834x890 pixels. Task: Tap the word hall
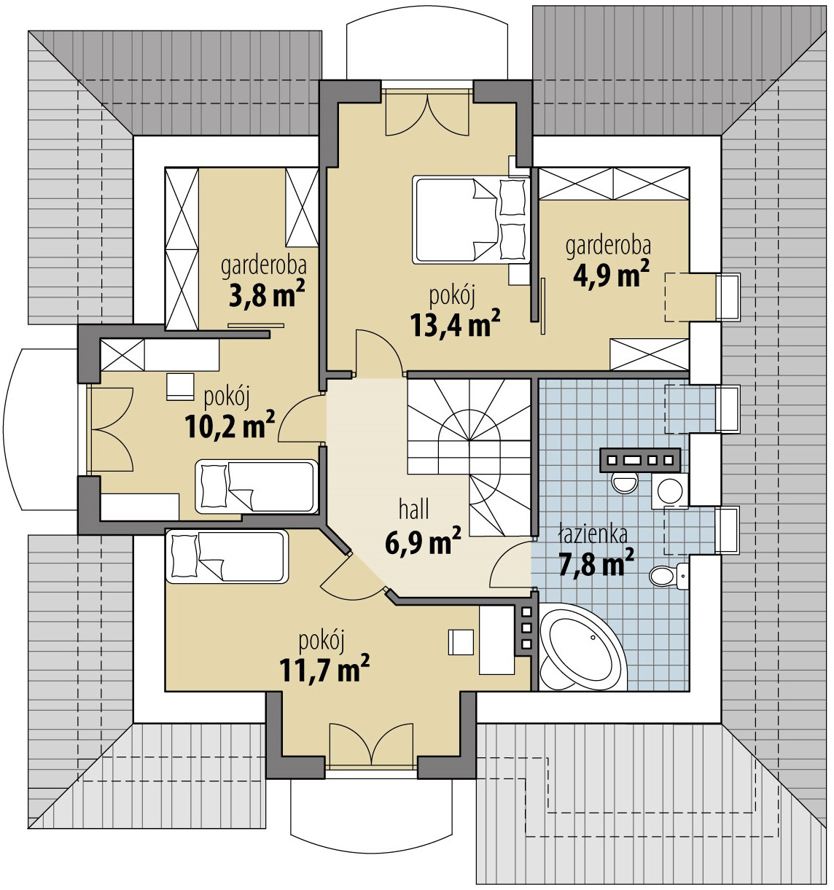[413, 508]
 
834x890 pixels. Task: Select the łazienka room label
[593, 534]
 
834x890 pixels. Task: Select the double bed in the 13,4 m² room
[469, 219]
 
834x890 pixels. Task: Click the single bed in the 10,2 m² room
[256, 486]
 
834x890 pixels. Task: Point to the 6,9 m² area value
[421, 542]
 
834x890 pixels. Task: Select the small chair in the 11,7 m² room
[461, 641]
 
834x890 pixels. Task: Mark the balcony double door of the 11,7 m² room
[372, 744]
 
